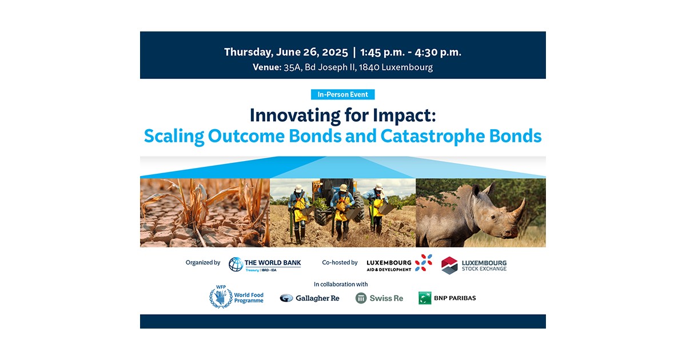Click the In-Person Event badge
pyautogui.click(x=342, y=95)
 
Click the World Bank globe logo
pyautogui.click(x=236, y=264)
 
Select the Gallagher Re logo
pyautogui.click(x=309, y=298)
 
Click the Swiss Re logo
pyautogui.click(x=379, y=298)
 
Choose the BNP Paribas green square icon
pyautogui.click(x=425, y=298)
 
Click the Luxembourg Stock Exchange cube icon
pyautogui.click(x=450, y=265)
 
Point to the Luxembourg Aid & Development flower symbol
pyautogui.click(x=424, y=263)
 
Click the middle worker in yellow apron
pyautogui.click(x=342, y=209)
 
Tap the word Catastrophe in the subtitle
pyautogui.click(x=432, y=137)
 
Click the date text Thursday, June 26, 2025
pyautogui.click(x=286, y=52)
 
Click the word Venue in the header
pyautogui.click(x=266, y=67)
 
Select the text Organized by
pyautogui.click(x=202, y=263)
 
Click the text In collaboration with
pyautogui.click(x=341, y=284)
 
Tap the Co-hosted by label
pyautogui.click(x=340, y=263)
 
